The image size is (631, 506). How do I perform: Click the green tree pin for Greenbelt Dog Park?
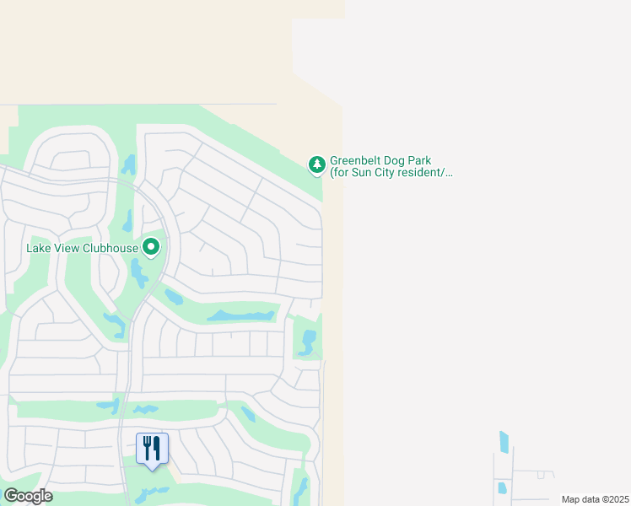pos(316,164)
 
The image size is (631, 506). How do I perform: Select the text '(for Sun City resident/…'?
pos(391,173)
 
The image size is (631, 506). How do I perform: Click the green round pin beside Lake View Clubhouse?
pos(152,247)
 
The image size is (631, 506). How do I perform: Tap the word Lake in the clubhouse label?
pos(39,248)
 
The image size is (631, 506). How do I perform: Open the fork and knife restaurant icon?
pos(152,448)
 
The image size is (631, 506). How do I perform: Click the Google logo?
pos(28,496)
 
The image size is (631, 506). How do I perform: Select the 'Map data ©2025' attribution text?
pos(594,499)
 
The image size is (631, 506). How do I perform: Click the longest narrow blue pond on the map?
pos(242,315)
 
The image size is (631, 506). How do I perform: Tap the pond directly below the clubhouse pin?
pos(138,273)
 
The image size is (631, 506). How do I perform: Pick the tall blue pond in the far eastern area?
pos(504,442)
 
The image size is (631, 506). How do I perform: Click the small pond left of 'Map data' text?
pos(502,487)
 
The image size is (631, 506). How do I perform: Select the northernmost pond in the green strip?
pos(129,164)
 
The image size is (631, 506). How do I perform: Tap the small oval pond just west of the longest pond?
pos(174,297)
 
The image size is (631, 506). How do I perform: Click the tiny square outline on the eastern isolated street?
pos(540,475)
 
